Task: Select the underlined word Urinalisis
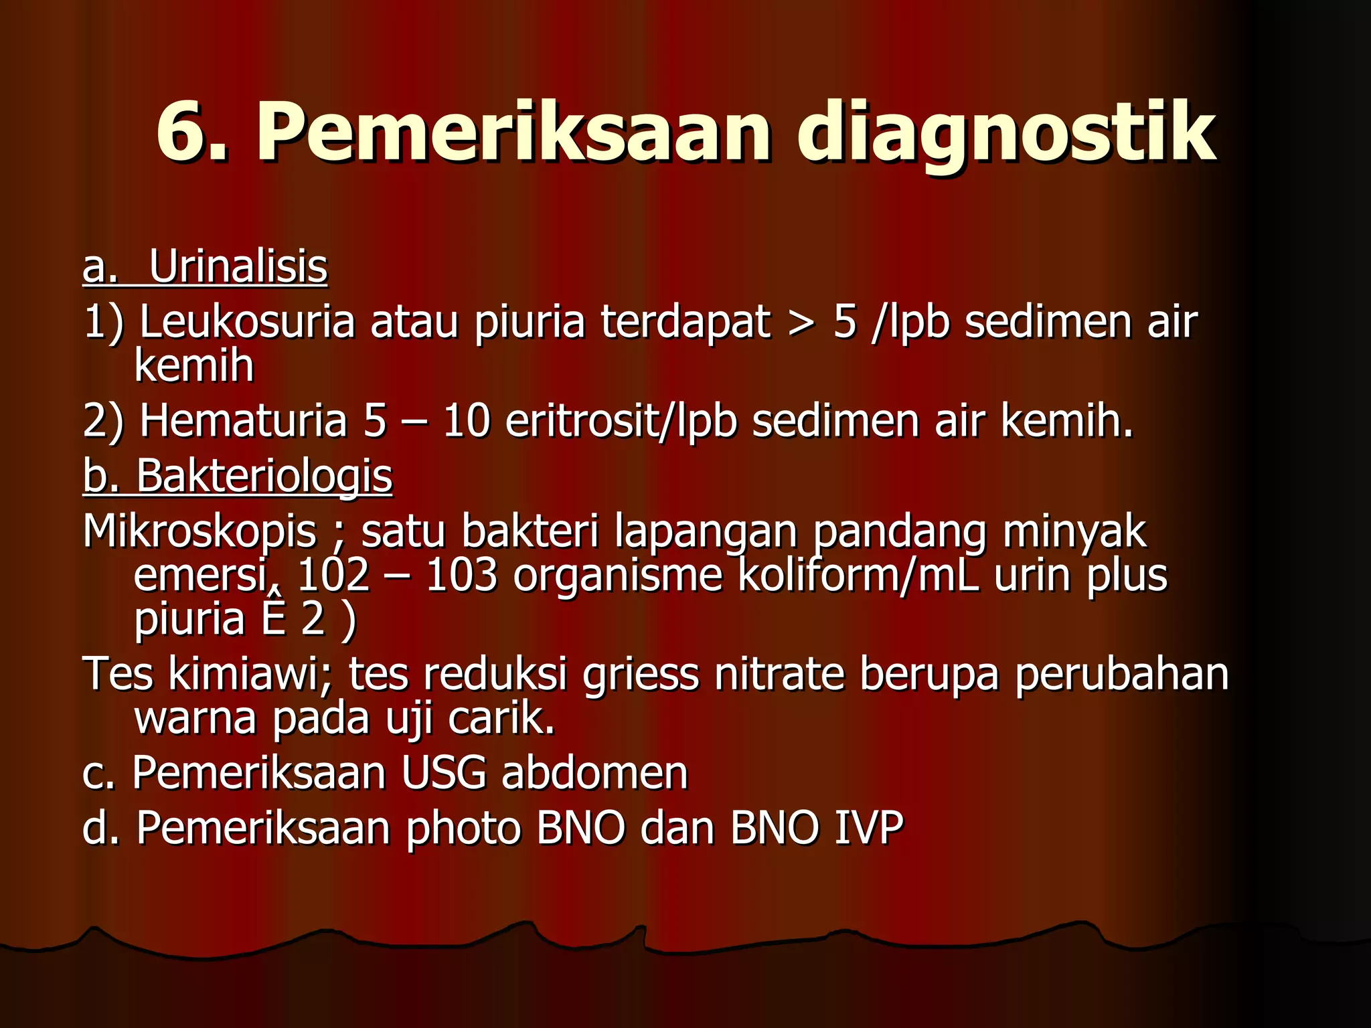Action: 238,266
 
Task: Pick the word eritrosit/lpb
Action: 621,422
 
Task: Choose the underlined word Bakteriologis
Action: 264,477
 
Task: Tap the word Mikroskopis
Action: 199,533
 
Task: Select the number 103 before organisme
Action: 461,576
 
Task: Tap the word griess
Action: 641,675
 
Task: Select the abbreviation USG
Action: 444,773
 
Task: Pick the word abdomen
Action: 594,773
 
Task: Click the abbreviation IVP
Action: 868,828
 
